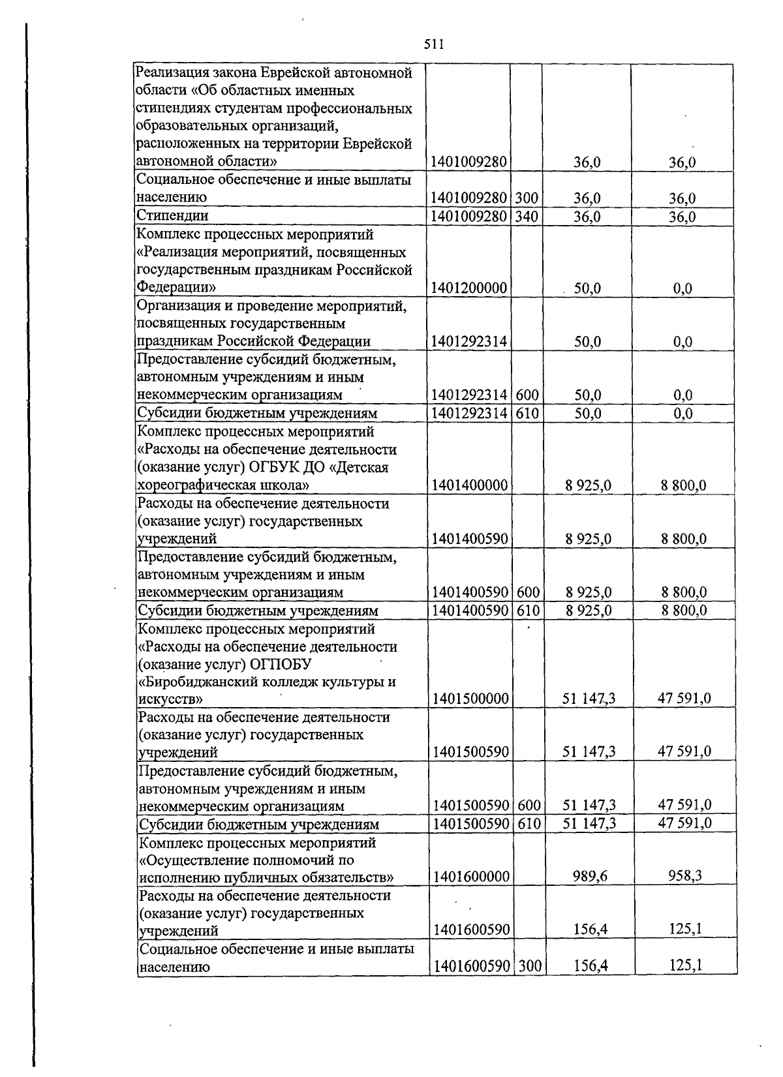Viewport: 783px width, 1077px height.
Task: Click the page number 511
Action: pyautogui.click(x=434, y=44)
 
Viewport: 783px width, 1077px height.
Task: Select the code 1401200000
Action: pyautogui.click(x=469, y=288)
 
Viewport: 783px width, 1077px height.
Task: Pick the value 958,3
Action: pyautogui.click(x=684, y=875)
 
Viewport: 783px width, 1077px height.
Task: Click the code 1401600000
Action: pyautogui.click(x=470, y=877)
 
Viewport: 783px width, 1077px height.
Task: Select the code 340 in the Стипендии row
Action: pyautogui.click(x=527, y=216)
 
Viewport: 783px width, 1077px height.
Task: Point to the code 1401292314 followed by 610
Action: pyautogui.click(x=469, y=413)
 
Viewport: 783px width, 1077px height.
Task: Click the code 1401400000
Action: pyautogui.click(x=469, y=485)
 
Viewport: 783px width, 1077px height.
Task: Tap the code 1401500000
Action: pyautogui.click(x=470, y=699)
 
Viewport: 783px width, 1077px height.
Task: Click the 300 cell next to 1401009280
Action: pyautogui.click(x=527, y=198)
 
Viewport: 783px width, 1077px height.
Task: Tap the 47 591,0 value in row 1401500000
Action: pyautogui.click(x=684, y=699)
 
